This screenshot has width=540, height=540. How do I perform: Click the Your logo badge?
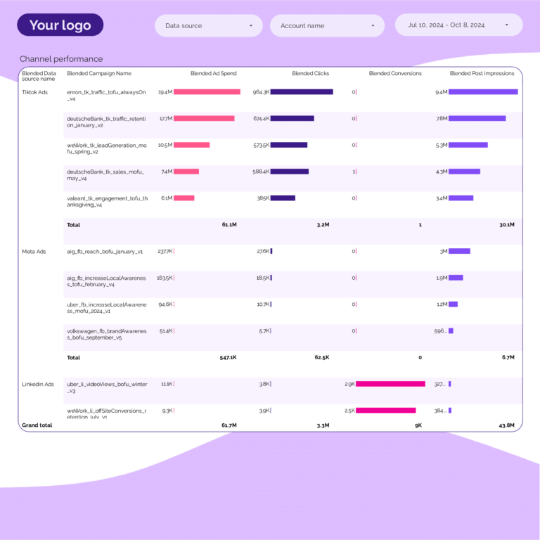point(60,25)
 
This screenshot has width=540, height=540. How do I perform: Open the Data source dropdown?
point(208,26)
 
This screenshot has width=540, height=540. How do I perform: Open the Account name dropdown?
point(327,26)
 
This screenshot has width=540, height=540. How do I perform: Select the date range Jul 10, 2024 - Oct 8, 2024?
point(458,25)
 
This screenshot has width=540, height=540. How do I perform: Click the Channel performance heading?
point(61,59)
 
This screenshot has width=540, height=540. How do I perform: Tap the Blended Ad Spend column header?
point(214,73)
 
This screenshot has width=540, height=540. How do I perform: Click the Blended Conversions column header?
point(395,73)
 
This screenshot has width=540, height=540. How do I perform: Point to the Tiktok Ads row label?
point(35,92)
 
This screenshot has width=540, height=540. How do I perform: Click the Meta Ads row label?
point(34,251)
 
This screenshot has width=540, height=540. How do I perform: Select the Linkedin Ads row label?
point(38,384)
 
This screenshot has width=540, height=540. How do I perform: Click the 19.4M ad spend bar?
point(207,92)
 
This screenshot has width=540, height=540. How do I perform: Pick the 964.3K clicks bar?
point(302,92)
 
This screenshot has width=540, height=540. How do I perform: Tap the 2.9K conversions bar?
point(390,384)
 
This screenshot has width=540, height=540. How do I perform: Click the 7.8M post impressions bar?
point(477,118)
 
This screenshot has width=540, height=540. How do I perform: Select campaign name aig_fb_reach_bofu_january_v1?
point(105,251)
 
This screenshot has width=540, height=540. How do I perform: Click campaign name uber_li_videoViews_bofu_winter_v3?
point(107,387)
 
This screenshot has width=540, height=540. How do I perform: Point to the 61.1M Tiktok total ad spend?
point(229,225)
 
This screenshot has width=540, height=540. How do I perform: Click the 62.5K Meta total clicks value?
point(321,357)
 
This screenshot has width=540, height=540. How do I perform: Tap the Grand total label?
point(37,425)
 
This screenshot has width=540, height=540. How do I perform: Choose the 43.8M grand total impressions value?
point(506,425)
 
